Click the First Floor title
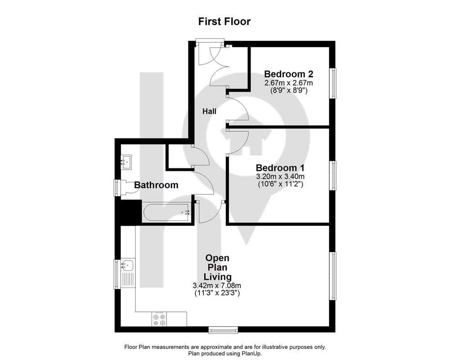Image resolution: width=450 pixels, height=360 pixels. point(225,22)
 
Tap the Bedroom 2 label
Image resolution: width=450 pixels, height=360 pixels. point(288,74)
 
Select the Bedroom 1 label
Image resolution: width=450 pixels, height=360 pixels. point(280,168)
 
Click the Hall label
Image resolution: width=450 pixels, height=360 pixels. point(209,112)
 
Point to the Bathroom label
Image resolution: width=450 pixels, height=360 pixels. point(156,185)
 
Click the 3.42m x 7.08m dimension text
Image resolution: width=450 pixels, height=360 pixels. point(217,286)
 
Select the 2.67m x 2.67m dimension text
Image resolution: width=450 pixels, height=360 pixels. point(288,83)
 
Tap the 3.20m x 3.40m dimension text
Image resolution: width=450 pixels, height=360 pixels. point(280,176)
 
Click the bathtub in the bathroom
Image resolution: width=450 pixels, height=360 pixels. point(166,213)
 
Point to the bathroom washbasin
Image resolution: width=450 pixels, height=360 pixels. point(126,162)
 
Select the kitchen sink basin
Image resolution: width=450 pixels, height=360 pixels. point(128,265)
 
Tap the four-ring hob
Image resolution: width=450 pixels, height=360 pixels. point(159,319)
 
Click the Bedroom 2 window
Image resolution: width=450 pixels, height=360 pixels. point(333,83)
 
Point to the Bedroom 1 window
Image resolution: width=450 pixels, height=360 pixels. point(333,175)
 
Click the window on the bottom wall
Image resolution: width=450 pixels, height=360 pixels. point(223,330)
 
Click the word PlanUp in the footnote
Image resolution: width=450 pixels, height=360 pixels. point(252,354)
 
